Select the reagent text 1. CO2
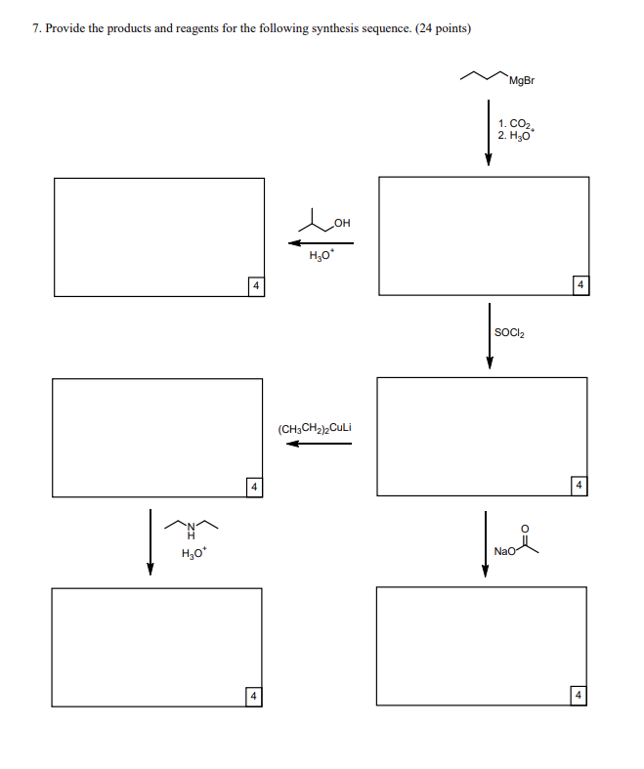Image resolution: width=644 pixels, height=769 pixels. pyautogui.click(x=513, y=124)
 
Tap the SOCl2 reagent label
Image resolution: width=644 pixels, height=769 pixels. pyautogui.click(x=510, y=333)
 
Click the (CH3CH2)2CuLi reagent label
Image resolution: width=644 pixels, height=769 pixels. pyautogui.click(x=315, y=428)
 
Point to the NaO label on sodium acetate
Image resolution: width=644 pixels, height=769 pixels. pyautogui.click(x=504, y=551)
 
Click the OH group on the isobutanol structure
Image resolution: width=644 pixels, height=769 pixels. pyautogui.click(x=341, y=225)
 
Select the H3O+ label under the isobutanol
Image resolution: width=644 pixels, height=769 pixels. pyautogui.click(x=321, y=257)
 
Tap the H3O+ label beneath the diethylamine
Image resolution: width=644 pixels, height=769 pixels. pyautogui.click(x=193, y=555)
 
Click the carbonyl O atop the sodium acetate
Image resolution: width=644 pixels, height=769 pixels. pyautogui.click(x=526, y=529)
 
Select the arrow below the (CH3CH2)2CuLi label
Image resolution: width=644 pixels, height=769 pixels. pyautogui.click(x=319, y=444)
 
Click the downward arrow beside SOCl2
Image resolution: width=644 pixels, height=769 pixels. pyautogui.click(x=490, y=336)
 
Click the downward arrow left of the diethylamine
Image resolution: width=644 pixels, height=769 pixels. pyautogui.click(x=150, y=541)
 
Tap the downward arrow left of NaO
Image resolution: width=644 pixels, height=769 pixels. pyautogui.click(x=485, y=542)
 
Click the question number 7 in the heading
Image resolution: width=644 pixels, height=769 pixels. pyautogui.click(x=36, y=28)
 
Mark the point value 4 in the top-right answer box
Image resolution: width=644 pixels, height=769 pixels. pyautogui.click(x=580, y=284)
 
